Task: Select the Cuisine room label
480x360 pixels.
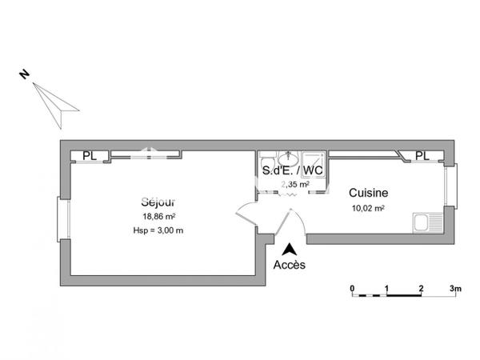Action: (368, 193)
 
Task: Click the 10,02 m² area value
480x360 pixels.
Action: (368, 209)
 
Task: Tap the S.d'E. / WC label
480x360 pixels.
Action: (293, 171)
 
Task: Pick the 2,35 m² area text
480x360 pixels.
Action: (294, 184)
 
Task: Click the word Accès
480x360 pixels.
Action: (289, 264)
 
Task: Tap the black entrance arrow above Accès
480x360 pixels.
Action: (289, 249)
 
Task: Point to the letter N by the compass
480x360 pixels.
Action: (25, 74)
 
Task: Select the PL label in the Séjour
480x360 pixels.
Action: (89, 156)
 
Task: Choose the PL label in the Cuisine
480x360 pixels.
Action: (422, 156)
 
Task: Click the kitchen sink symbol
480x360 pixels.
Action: (426, 222)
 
